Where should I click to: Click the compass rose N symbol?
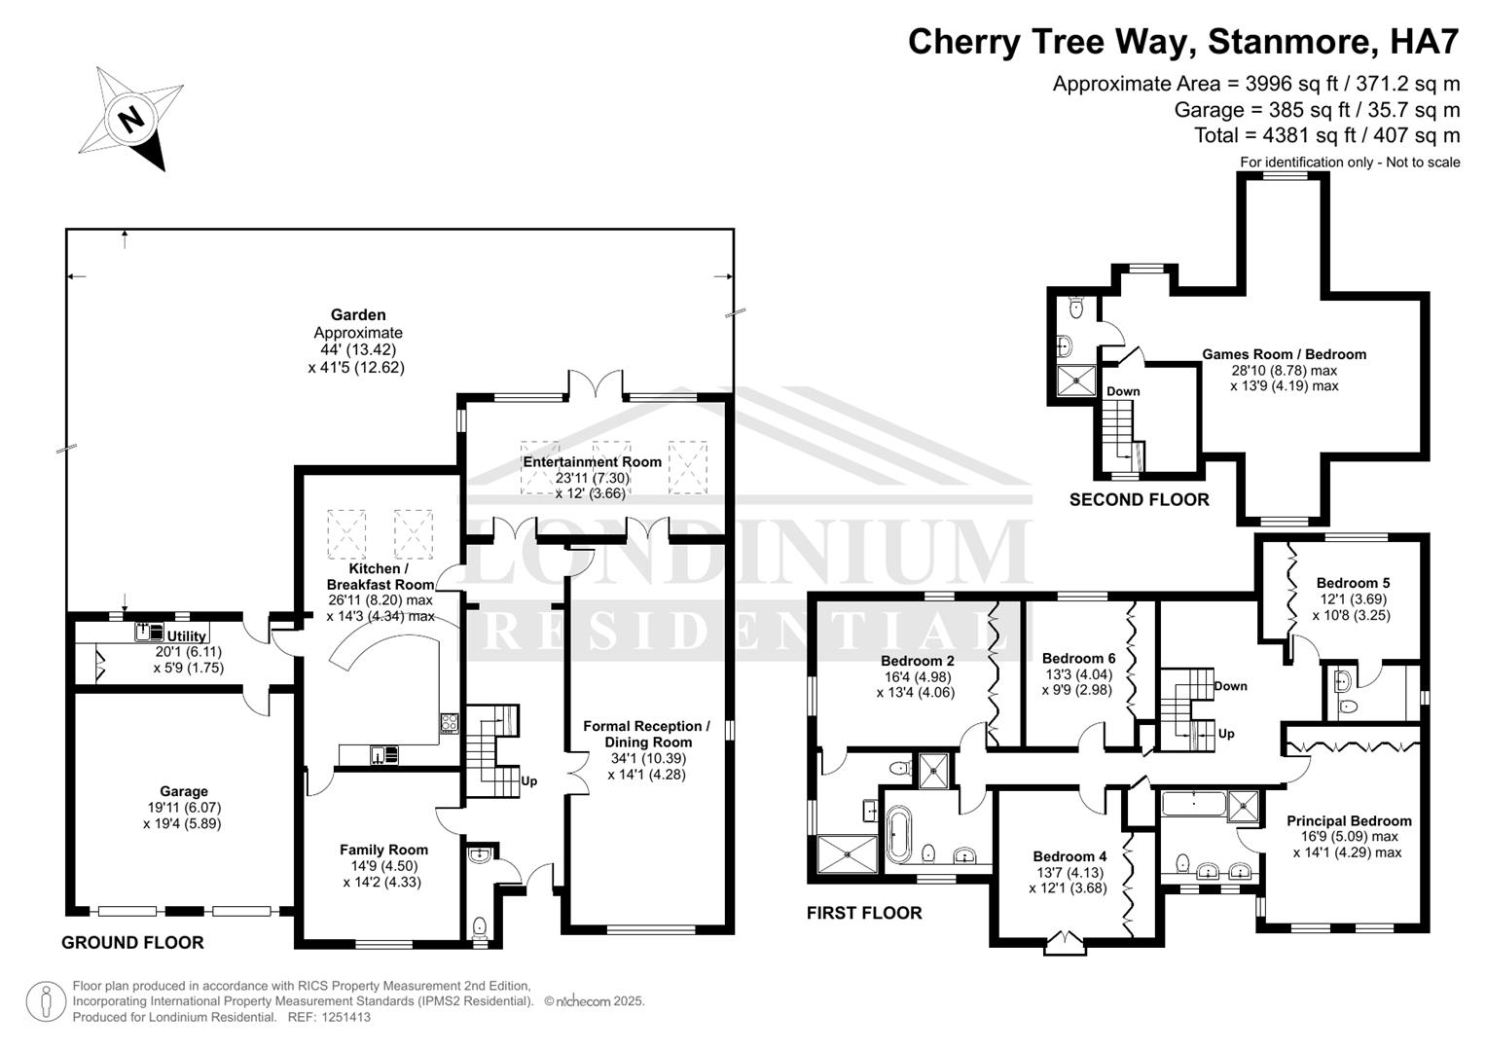coord(131,119)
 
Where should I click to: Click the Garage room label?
coord(184,791)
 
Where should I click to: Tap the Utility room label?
coord(187,636)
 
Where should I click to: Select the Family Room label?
coord(383,850)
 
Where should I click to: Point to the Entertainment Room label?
coord(592,462)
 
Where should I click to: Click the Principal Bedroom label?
coord(1348,820)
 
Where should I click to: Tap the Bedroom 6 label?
coord(1078,658)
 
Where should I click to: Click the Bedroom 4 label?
coord(1069,856)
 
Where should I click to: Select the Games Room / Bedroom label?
coord(1284,354)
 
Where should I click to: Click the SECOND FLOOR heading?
coord(1139,499)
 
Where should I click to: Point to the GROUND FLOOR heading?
coord(132,942)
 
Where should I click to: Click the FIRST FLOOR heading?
coord(863,913)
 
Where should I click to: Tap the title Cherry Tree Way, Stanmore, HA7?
coord(1183,42)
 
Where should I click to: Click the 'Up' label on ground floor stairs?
coord(529,780)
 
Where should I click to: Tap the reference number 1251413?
coord(342,1017)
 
